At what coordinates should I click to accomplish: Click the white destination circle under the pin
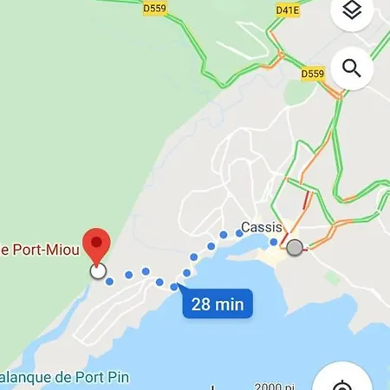(x=98, y=271)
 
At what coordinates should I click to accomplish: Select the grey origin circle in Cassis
(x=295, y=248)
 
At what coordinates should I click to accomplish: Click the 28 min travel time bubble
(x=218, y=304)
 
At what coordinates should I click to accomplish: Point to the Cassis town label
(x=261, y=228)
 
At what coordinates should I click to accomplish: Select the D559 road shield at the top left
(x=155, y=10)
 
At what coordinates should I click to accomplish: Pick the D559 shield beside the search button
(x=313, y=75)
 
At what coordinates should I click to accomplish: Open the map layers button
(x=351, y=11)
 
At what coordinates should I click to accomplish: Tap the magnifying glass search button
(x=351, y=68)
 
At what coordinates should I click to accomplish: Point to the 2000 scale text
(x=272, y=387)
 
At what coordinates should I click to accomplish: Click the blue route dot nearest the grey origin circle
(x=274, y=242)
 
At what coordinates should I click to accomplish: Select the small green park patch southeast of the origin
(x=332, y=277)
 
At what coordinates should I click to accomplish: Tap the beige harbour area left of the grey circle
(x=274, y=257)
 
